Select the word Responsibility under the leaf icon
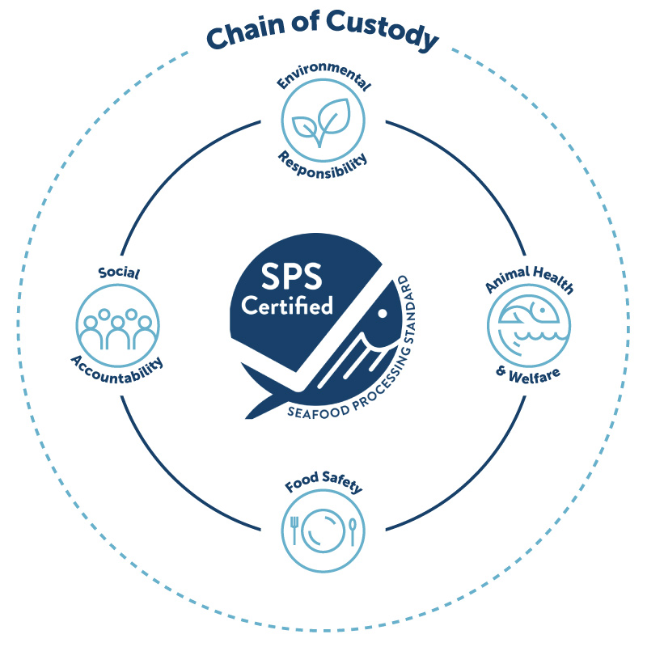point(323,167)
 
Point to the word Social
point(119,273)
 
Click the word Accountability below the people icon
point(117,370)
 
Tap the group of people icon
point(117,328)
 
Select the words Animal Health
point(530,279)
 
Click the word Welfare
point(535,375)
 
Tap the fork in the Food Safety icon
point(294,530)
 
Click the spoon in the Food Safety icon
point(353,531)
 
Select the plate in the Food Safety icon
point(323,531)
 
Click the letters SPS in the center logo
point(291,277)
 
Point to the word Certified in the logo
point(287,306)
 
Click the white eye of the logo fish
point(383,313)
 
